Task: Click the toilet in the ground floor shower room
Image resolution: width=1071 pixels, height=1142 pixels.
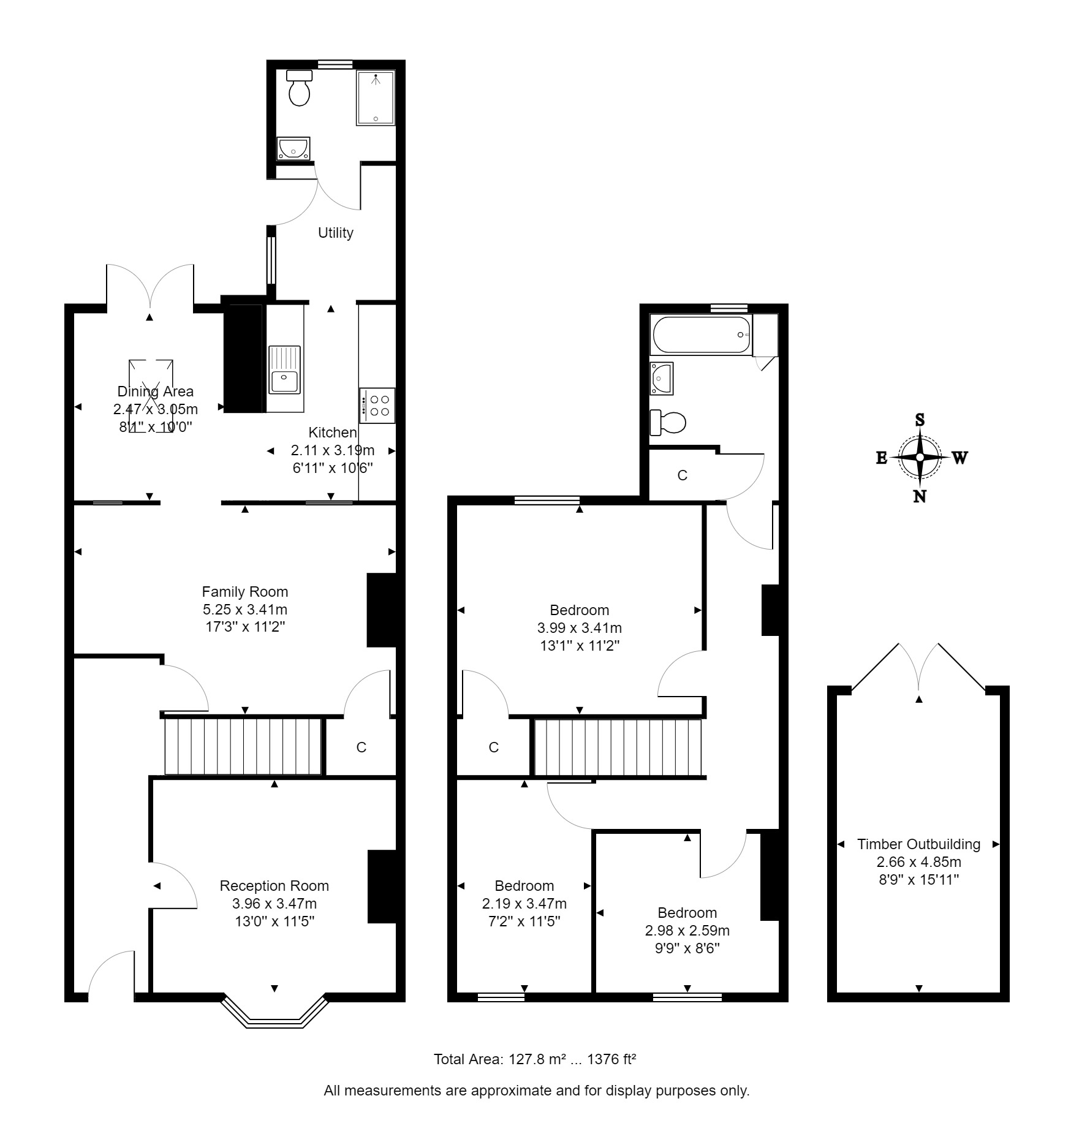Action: click(300, 88)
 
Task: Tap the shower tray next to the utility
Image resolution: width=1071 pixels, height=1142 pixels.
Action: click(376, 98)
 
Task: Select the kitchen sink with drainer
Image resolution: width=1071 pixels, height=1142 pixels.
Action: click(284, 370)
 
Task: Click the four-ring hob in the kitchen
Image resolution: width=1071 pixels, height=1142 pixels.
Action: click(377, 406)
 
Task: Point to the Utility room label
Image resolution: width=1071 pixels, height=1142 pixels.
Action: click(336, 233)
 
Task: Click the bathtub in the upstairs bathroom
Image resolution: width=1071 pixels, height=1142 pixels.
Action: click(702, 335)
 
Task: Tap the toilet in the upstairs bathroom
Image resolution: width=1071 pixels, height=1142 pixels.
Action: click(668, 422)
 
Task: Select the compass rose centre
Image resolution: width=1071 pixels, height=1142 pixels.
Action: click(920, 457)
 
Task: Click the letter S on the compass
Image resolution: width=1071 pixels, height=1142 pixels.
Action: click(920, 420)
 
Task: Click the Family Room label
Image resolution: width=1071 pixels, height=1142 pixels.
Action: click(245, 592)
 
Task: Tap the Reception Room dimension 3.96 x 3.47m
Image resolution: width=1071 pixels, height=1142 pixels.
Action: click(274, 904)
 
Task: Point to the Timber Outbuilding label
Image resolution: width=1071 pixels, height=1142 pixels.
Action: click(919, 844)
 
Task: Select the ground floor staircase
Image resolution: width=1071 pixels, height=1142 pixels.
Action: click(243, 746)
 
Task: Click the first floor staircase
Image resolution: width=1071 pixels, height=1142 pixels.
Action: click(618, 747)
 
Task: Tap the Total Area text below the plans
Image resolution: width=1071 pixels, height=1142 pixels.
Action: click(535, 1059)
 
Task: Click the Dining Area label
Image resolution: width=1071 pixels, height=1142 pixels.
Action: click(156, 391)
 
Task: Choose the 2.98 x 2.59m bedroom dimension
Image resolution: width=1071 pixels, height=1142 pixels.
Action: click(687, 931)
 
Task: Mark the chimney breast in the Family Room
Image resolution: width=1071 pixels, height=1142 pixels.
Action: click(381, 610)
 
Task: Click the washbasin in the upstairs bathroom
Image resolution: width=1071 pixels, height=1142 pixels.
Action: click(662, 379)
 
